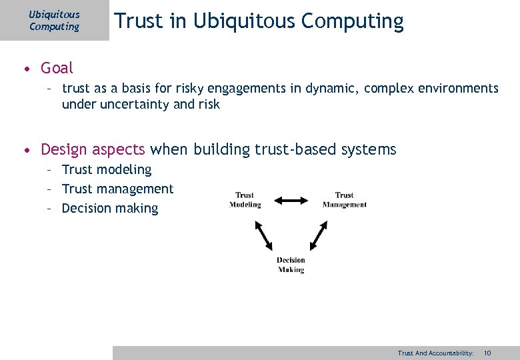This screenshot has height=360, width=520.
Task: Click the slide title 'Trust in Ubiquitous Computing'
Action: point(259,21)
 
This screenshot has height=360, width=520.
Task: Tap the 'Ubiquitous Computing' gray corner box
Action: point(54,21)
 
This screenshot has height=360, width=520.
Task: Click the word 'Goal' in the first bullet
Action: point(57,68)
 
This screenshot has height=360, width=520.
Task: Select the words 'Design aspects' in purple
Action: point(93,149)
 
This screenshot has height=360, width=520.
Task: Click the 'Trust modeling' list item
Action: point(107,170)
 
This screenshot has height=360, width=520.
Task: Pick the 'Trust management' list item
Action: point(117,189)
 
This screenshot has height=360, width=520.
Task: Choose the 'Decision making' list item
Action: point(110,209)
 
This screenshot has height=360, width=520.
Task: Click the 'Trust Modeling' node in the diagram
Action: point(245,200)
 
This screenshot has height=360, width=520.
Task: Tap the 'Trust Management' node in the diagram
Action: point(344,200)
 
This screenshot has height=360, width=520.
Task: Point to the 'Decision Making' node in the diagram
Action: point(291,265)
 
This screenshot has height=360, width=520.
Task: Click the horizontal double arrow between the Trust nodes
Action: point(291,200)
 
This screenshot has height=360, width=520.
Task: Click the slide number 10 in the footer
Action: point(487,353)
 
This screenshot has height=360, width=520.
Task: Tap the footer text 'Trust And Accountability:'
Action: point(435,353)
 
